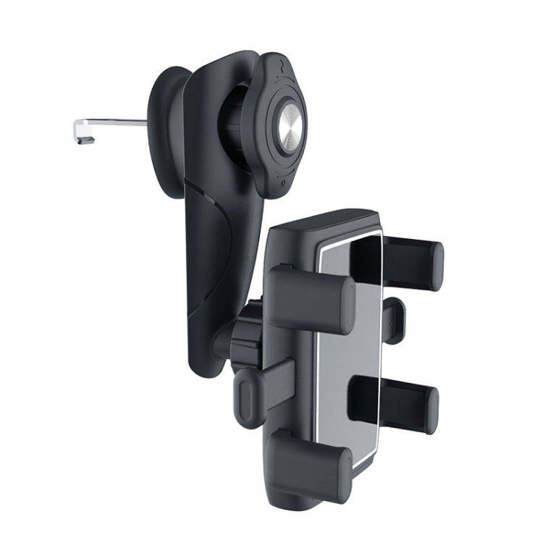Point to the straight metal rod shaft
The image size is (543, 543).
116,122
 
